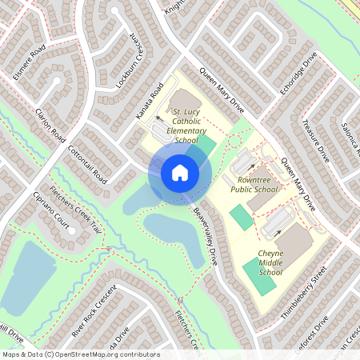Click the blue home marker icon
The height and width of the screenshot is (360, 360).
[179, 172]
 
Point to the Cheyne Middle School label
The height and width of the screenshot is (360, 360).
[270, 262]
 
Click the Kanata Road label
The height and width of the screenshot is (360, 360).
[150, 102]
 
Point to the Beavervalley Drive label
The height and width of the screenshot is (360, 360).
[205, 237]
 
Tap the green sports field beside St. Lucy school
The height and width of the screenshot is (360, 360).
[206, 146]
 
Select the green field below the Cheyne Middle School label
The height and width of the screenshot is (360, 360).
[261, 280]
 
